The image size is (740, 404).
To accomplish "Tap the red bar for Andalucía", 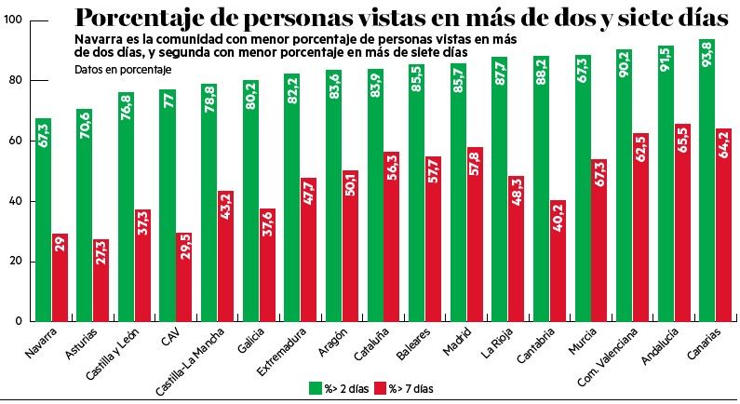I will (681, 222).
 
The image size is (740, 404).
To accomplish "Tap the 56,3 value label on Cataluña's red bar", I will (391, 168).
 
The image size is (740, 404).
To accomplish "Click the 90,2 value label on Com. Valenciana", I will (624, 66).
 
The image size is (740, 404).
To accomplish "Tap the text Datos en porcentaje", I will (122, 70).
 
